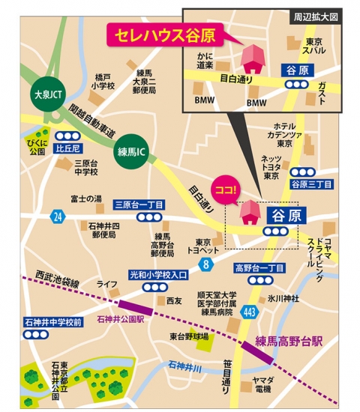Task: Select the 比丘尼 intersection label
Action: [x=68, y=149]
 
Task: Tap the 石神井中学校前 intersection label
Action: [x=52, y=322]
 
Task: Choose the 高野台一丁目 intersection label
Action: [x=259, y=267]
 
